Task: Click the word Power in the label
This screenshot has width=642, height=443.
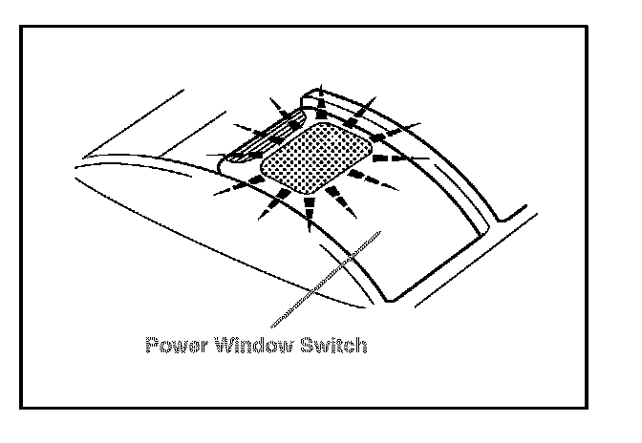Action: [x=171, y=345]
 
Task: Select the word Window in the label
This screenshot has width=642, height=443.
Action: [x=244, y=345]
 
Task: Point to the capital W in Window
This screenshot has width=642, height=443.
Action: [x=217, y=345]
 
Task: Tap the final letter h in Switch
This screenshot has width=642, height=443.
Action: [x=359, y=345]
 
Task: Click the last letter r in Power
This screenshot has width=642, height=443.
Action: [x=194, y=346]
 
